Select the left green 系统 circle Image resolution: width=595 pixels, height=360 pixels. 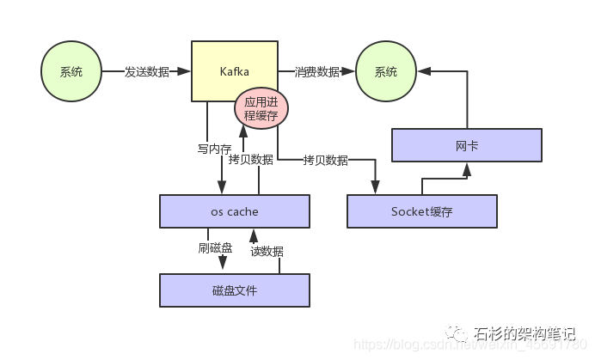click(x=71, y=72)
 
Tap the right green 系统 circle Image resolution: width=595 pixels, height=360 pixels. click(x=386, y=72)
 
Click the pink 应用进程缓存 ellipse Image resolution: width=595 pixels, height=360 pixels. click(x=261, y=107)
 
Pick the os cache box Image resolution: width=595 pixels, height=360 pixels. click(x=234, y=211)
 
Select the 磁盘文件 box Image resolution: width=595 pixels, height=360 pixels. click(x=234, y=290)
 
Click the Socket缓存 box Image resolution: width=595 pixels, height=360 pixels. click(x=421, y=211)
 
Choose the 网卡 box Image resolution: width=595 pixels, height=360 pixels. click(x=467, y=145)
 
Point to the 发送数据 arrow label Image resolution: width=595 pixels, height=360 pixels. click(x=146, y=72)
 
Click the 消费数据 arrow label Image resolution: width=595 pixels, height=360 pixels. click(x=316, y=72)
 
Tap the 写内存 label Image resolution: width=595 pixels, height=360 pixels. click(x=213, y=149)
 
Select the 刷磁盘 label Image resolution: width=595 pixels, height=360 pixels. click(x=215, y=248)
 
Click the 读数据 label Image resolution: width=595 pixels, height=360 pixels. click(x=267, y=252)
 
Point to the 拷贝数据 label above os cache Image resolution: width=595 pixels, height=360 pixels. click(x=251, y=160)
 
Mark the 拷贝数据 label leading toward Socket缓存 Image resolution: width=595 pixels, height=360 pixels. click(x=325, y=160)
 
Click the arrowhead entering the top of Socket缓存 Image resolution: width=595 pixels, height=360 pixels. click(x=376, y=189)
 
